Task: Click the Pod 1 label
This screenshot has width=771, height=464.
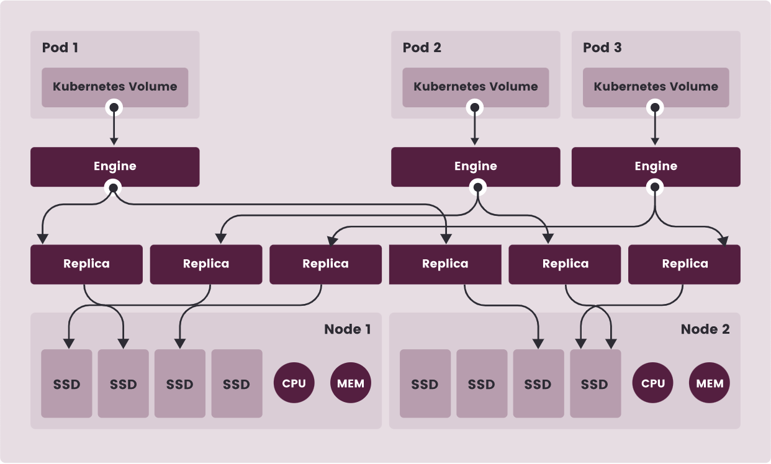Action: click(x=60, y=48)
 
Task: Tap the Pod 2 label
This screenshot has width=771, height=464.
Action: click(x=422, y=48)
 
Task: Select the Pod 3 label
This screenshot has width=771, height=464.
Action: click(x=602, y=48)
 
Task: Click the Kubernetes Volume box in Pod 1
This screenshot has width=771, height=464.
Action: click(x=115, y=87)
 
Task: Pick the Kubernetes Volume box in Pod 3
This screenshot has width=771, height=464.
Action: click(x=656, y=87)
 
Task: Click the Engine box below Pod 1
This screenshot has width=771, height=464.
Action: click(x=115, y=167)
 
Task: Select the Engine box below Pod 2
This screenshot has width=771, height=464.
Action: click(x=476, y=167)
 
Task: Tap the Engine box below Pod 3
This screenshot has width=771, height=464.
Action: click(x=656, y=167)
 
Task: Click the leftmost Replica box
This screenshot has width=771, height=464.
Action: click(x=86, y=264)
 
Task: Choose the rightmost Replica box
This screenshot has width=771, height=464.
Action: click(x=684, y=264)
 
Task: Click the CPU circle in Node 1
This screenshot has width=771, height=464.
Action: click(x=294, y=383)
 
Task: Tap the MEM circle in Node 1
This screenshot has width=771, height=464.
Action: click(x=350, y=383)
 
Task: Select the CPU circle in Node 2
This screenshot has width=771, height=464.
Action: click(x=652, y=383)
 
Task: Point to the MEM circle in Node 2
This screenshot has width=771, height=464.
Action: click(x=710, y=383)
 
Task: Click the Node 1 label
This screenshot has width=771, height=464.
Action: click(x=347, y=329)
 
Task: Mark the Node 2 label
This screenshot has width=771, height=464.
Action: click(x=705, y=329)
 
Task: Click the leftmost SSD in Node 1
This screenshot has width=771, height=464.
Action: click(x=66, y=383)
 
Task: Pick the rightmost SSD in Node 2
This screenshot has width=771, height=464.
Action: click(x=595, y=383)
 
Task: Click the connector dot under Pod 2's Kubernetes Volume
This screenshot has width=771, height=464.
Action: click(x=475, y=108)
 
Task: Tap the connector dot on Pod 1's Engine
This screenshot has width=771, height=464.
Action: click(x=113, y=188)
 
